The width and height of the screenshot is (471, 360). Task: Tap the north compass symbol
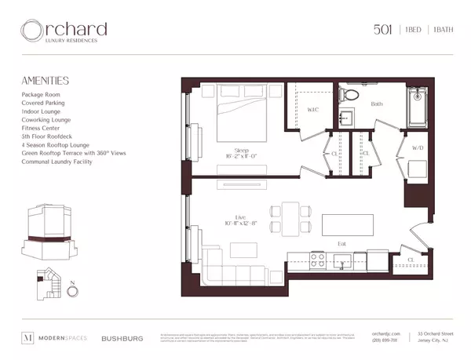[72, 292]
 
